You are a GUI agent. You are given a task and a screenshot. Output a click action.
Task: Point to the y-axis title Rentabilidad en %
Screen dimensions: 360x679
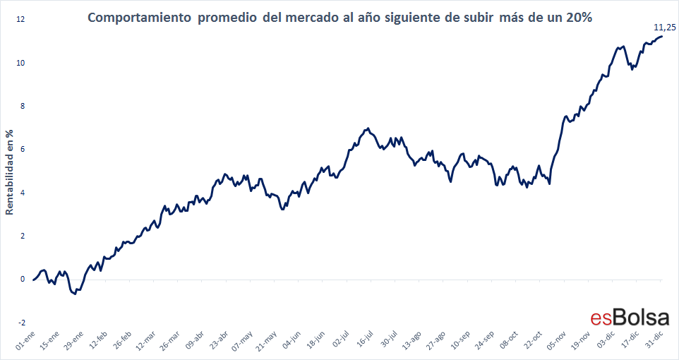click(10, 172)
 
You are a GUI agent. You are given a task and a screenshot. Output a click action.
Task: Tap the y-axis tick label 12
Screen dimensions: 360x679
click(20, 20)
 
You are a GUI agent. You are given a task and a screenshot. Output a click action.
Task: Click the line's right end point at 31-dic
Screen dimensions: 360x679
click(661, 36)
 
